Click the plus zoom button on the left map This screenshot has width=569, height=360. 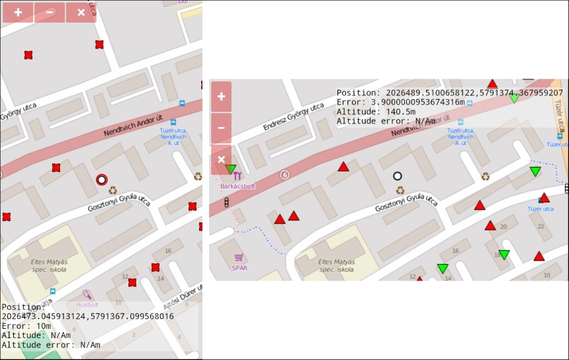pyautogui.click(x=18, y=12)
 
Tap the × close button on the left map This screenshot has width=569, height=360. pyautogui.click(x=81, y=12)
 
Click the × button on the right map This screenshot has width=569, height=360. pyautogui.click(x=221, y=159)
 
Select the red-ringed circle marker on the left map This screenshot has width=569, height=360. pyautogui.click(x=101, y=179)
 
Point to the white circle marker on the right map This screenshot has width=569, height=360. pyautogui.click(x=398, y=176)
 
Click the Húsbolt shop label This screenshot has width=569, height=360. pyautogui.click(x=87, y=305)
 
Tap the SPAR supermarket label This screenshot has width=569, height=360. pyautogui.click(x=239, y=267)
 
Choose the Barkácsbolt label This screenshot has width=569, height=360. pyautogui.click(x=238, y=187)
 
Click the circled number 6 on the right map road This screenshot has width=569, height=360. pyautogui.click(x=284, y=175)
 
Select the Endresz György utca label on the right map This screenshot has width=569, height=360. pyautogui.click(x=293, y=116)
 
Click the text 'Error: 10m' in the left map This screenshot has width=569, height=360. pyautogui.click(x=26, y=326)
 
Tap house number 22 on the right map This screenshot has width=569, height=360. pyautogui.click(x=541, y=227)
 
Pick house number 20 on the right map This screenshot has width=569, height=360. pyautogui.click(x=503, y=227)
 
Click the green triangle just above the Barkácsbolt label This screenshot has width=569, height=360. pyautogui.click(x=231, y=170)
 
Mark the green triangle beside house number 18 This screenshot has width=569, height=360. pyautogui.click(x=504, y=255)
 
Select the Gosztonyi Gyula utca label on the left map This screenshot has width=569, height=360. pyautogui.click(x=119, y=201)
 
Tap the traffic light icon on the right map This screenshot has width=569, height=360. pyautogui.click(x=227, y=202)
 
